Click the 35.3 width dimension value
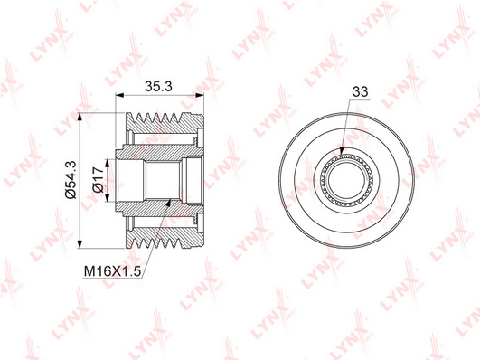point(158,87)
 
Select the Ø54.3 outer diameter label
point(71,179)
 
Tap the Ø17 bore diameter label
point(99,180)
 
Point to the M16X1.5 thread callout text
point(112,270)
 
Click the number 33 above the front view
point(361,91)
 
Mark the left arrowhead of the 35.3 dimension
point(119,95)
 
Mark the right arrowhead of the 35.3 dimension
point(200,95)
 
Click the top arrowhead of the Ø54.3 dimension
point(80,118)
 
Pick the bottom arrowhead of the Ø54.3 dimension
point(80,243)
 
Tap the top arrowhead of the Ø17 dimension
point(107,163)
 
